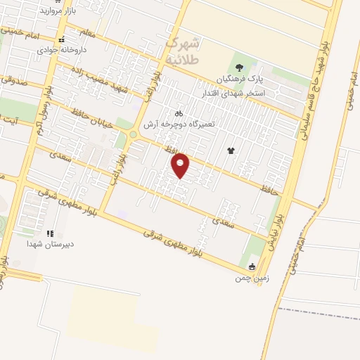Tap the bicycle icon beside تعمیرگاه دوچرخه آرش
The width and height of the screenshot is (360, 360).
[179, 112]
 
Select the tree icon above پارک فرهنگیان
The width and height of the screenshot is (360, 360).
[240, 67]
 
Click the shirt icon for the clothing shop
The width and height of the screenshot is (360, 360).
[230, 150]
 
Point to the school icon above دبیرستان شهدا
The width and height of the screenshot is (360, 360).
[49, 233]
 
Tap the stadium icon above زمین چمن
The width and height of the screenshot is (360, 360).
[252, 266]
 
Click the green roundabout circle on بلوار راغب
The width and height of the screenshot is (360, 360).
[132, 134]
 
